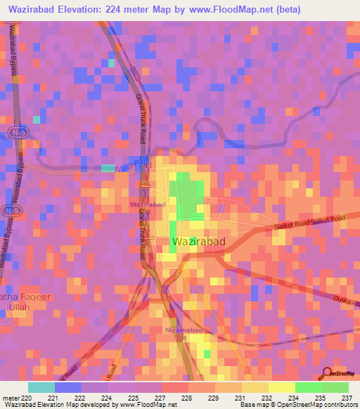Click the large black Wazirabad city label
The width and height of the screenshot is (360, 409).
tap(198, 242)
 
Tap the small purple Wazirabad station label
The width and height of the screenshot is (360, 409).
tap(148, 204)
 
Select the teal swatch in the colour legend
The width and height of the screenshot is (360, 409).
tap(41, 387)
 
